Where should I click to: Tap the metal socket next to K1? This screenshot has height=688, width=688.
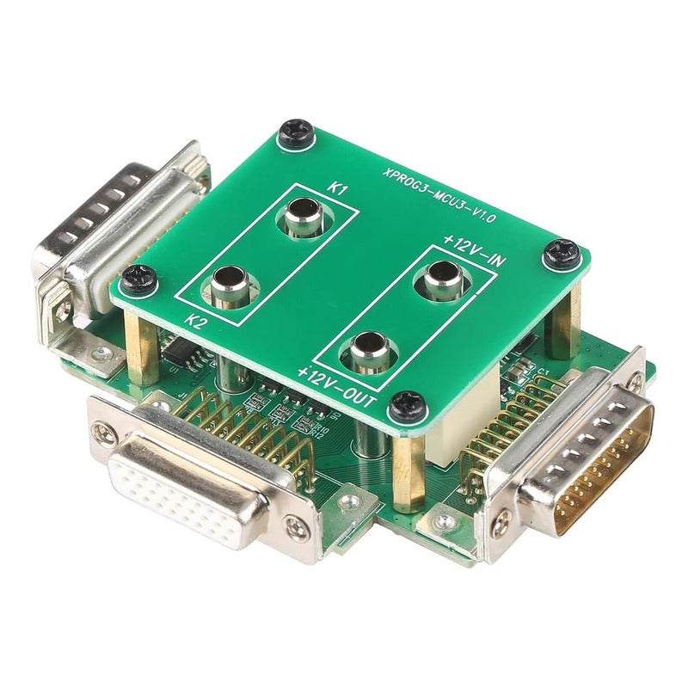pyautogui.click(x=303, y=216)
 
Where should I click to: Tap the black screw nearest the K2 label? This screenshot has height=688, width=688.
pyautogui.click(x=138, y=278)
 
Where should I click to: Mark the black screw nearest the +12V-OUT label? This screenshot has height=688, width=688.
pyautogui.click(x=407, y=406)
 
